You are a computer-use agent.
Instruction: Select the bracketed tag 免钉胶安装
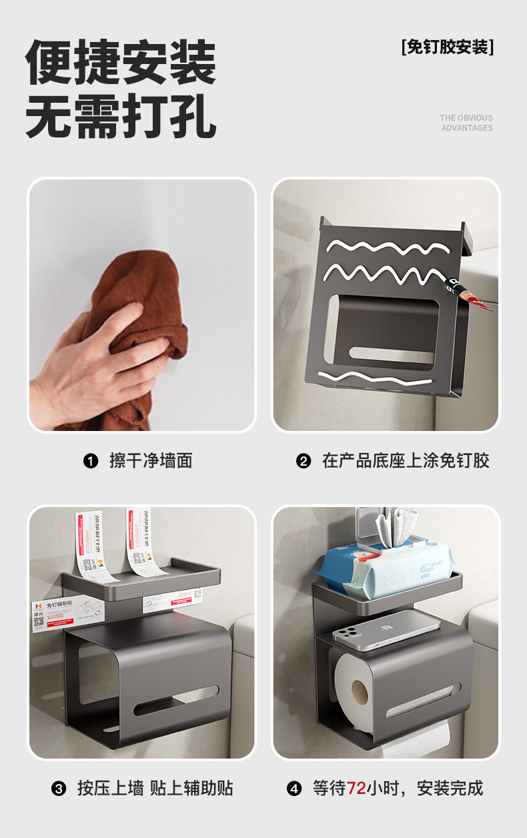(448, 47)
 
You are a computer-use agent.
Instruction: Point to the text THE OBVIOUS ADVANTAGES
(466, 123)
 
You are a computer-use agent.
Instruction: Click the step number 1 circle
(91, 461)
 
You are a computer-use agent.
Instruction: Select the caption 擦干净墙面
(151, 461)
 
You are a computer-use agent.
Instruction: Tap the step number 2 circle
(304, 461)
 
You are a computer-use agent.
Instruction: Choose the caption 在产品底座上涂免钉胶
(406, 461)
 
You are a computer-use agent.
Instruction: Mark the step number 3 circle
(59, 789)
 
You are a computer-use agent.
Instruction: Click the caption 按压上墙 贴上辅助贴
(155, 789)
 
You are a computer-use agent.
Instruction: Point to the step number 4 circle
(294, 789)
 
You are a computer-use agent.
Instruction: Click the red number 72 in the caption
(356, 789)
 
